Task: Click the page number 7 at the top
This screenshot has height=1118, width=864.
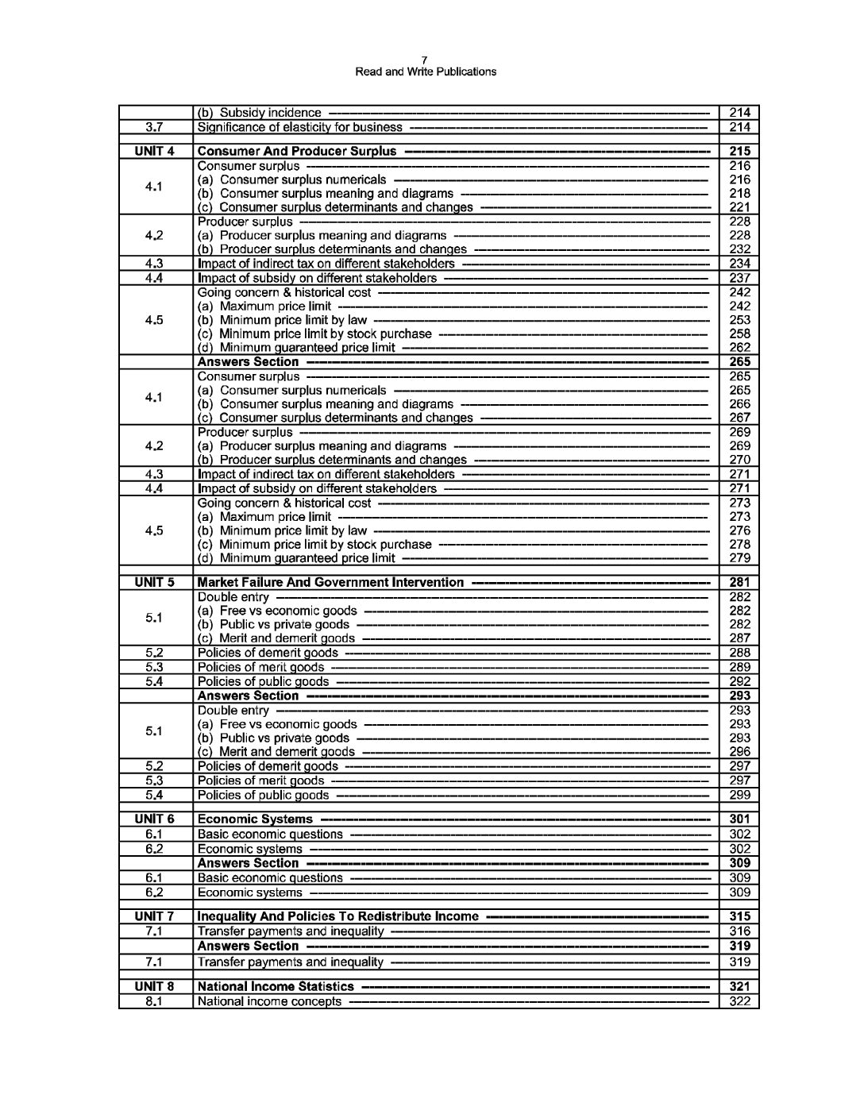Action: pyautogui.click(x=425, y=60)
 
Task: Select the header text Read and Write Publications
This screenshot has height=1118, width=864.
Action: pyautogui.click(x=426, y=71)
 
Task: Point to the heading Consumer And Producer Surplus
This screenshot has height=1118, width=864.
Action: pyautogui.click(x=296, y=151)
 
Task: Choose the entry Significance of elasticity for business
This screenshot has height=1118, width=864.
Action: pyautogui.click(x=299, y=127)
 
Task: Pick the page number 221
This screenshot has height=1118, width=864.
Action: pyautogui.click(x=739, y=207)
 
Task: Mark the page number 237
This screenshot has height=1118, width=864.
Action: pyautogui.click(x=739, y=278)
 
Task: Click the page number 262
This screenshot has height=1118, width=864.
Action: pyautogui.click(x=739, y=348)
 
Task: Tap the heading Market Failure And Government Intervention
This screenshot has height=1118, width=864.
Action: pyautogui.click(x=330, y=582)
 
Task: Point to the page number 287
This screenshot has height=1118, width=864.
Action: pyautogui.click(x=739, y=638)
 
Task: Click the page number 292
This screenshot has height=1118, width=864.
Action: pyautogui.click(x=739, y=681)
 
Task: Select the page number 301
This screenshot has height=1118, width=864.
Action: pyautogui.click(x=739, y=819)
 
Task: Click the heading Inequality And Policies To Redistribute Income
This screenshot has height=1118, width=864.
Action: pyautogui.click(x=337, y=916)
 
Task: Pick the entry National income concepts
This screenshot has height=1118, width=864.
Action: pyautogui.click(x=269, y=1001)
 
